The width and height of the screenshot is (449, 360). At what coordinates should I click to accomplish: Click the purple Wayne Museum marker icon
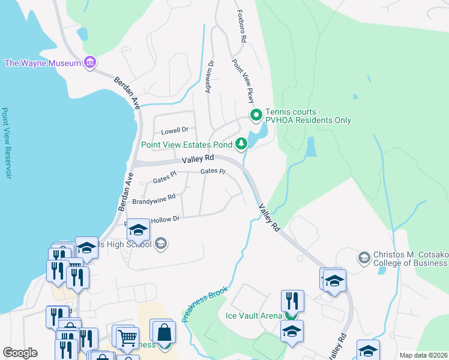(x=91, y=62)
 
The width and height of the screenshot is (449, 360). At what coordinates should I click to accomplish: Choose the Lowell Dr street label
(x=175, y=130)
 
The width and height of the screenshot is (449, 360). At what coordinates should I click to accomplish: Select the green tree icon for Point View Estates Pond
(x=241, y=143)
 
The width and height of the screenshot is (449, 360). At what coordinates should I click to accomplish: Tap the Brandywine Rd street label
(x=154, y=198)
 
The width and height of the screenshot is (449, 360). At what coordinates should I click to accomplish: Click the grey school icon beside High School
(x=160, y=244)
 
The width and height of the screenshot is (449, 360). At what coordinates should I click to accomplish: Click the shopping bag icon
(x=163, y=332)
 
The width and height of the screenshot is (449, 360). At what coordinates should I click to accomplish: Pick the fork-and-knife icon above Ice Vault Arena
(x=292, y=300)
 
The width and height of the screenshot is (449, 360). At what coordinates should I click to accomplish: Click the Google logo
(x=20, y=353)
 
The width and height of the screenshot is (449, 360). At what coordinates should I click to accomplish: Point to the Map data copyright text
(x=423, y=355)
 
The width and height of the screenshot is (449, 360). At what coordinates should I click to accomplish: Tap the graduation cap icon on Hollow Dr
(x=139, y=229)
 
